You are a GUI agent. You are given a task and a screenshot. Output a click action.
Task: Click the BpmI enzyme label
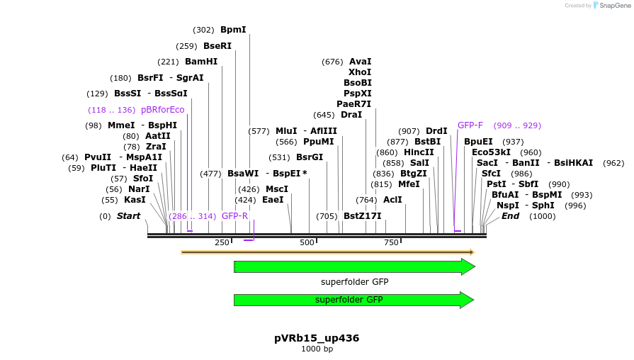click(x=233, y=30)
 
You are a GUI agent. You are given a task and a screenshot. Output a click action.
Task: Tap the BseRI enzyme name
click(x=217, y=46)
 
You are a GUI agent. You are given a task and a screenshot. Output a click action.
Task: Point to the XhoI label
click(x=360, y=72)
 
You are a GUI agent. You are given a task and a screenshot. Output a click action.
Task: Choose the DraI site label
click(x=351, y=115)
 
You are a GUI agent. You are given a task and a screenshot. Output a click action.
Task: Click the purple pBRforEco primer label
click(x=162, y=110)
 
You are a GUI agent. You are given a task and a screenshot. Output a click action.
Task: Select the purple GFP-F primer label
click(x=470, y=125)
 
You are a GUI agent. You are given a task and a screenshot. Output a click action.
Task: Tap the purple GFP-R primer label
click(x=234, y=216)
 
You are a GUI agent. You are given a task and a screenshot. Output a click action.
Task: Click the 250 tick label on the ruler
click(x=222, y=242)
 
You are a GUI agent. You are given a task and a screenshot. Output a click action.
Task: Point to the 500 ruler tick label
click(x=307, y=242)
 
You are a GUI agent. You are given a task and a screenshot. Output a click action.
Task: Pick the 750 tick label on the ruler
click(x=392, y=242)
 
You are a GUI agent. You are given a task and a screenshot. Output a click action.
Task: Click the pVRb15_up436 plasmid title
click(x=317, y=338)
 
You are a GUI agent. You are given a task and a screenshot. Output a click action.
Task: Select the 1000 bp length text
click(x=317, y=349)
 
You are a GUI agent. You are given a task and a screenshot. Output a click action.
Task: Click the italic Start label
click(x=129, y=216)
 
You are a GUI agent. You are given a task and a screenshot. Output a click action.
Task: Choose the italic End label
click(x=510, y=216)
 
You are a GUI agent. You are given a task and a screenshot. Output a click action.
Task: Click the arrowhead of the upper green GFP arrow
click(x=468, y=266)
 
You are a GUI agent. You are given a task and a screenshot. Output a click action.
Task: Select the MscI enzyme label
click(x=276, y=189)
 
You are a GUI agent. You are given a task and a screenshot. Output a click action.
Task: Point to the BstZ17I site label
click(x=362, y=216)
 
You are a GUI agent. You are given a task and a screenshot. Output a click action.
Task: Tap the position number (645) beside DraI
click(x=324, y=115)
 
